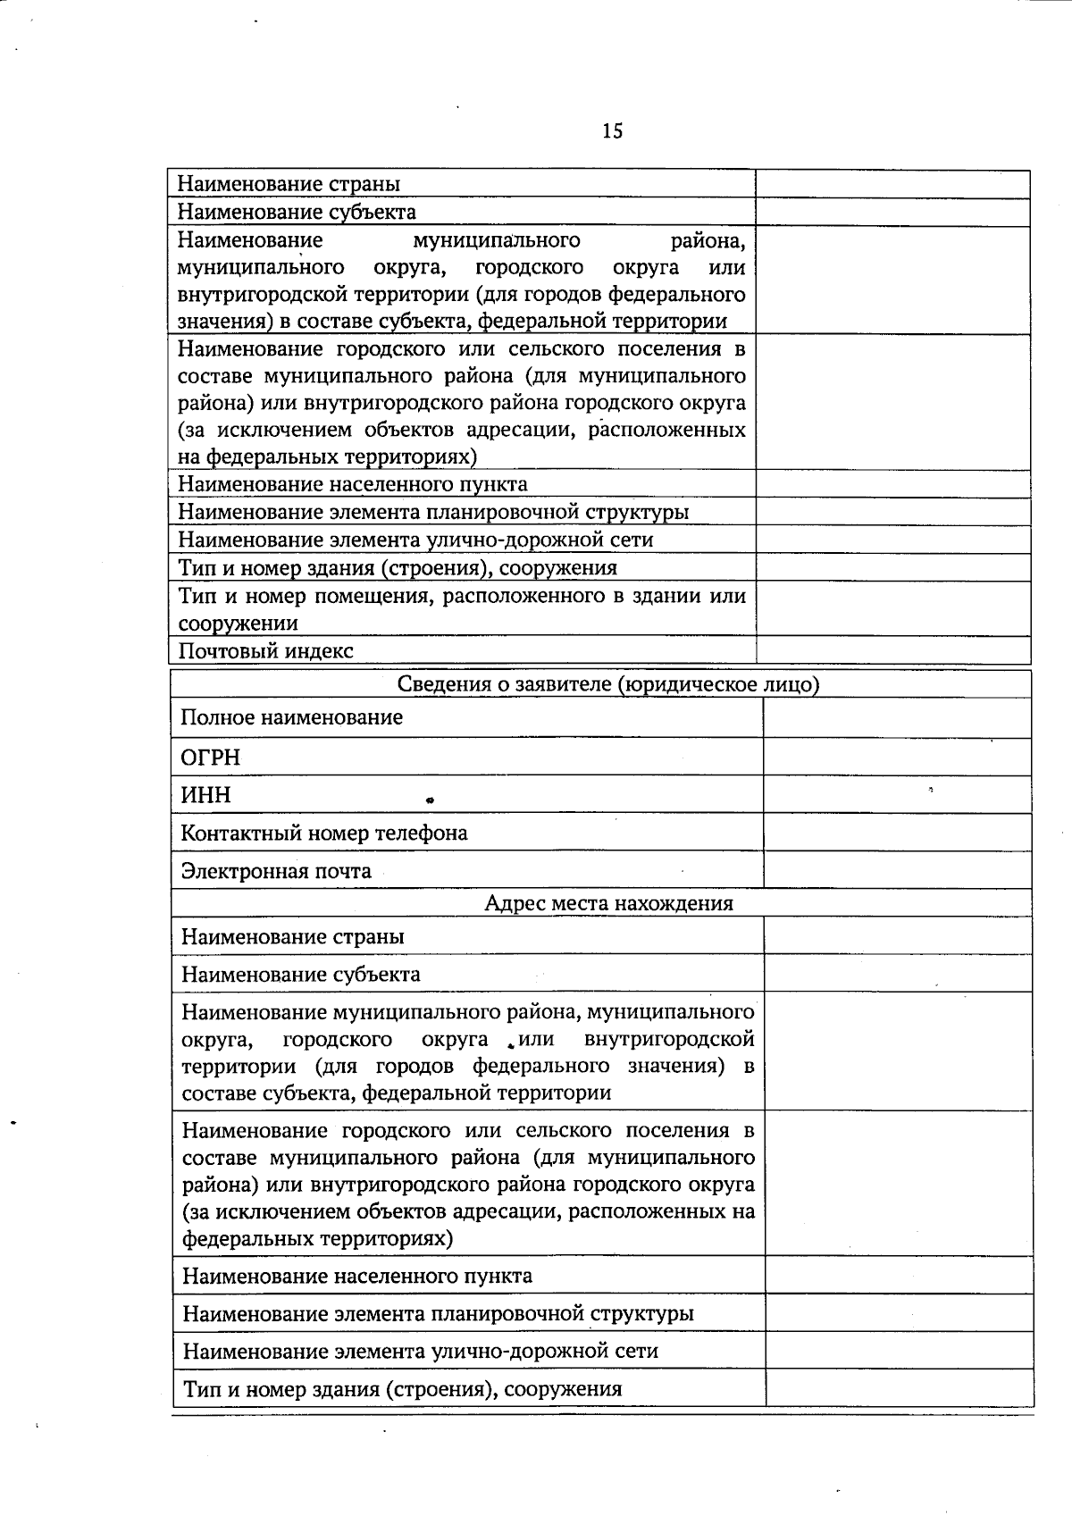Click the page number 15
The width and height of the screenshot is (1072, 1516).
coord(613,131)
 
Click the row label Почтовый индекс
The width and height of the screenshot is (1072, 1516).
coord(265,651)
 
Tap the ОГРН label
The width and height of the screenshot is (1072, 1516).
coord(210,758)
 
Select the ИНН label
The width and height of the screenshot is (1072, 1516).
coord(205,795)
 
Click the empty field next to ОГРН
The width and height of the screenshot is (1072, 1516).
coord(897,757)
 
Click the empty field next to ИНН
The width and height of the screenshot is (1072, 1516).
coord(897,794)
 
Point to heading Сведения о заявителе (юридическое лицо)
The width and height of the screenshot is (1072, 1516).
coord(608,684)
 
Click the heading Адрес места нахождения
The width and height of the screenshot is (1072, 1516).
coord(608,903)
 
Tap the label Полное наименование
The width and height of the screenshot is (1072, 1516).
coord(291,717)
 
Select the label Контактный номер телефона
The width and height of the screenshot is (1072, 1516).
coord(323,833)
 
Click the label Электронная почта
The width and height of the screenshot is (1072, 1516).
coord(276,871)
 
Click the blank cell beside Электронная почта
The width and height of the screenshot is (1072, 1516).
coord(897,870)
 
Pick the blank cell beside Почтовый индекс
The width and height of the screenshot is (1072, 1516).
coord(892,650)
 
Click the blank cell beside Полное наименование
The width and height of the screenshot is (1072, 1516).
coord(897,717)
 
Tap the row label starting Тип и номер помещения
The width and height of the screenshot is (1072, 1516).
coord(461,596)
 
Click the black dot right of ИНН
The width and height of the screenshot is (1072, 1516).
coord(429,800)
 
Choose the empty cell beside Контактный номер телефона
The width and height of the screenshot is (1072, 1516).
coord(897,833)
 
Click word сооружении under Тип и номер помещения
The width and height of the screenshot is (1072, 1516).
coord(238,624)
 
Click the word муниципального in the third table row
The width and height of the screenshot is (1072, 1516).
coord(496,240)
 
